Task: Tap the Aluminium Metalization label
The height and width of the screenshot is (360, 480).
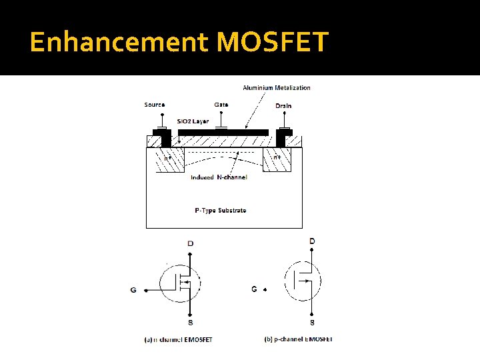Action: tap(277, 87)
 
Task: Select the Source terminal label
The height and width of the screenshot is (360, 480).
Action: tap(155, 105)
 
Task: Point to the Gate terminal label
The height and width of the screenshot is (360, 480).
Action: tap(221, 105)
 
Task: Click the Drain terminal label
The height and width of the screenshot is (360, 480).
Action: tap(283, 105)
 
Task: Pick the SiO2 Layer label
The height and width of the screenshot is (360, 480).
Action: tap(193, 121)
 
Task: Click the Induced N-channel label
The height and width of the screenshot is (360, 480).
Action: tap(219, 177)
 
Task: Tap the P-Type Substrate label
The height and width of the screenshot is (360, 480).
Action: tap(221, 210)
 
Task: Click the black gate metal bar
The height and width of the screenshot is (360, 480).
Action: tap(223, 133)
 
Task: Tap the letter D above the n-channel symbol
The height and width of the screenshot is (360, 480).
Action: tap(191, 243)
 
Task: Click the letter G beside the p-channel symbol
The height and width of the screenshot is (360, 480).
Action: tap(254, 289)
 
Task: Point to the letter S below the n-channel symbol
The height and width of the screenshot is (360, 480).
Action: tap(191, 323)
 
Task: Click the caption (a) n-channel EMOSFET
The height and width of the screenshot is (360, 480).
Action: tap(179, 339)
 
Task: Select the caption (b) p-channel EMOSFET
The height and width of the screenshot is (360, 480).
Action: tap(298, 339)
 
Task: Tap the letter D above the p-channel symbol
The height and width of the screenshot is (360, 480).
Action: tap(312, 241)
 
